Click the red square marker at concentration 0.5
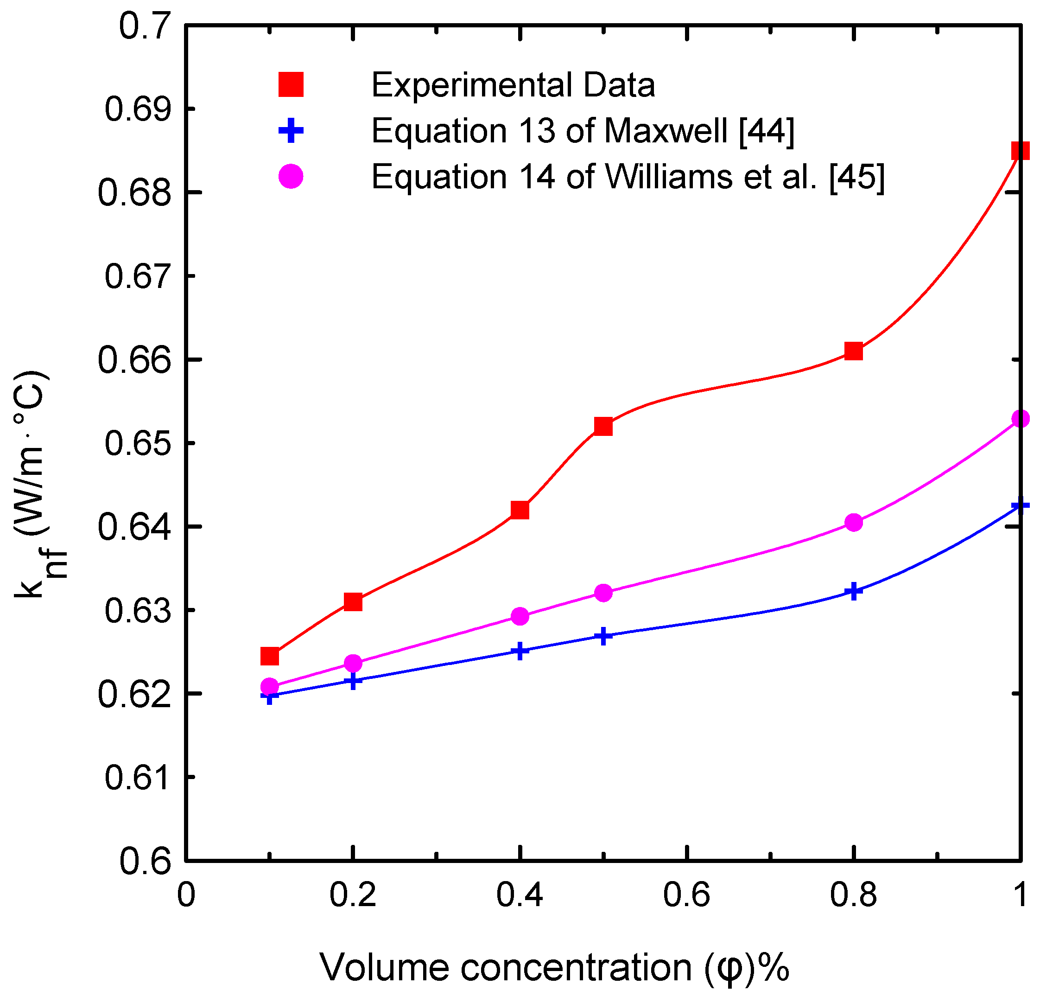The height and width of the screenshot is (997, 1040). [x=603, y=426]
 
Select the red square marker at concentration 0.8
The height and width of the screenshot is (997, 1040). [x=853, y=351]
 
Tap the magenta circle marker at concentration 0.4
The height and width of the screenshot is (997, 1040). [x=520, y=616]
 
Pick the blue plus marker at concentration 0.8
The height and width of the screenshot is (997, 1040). [x=853, y=591]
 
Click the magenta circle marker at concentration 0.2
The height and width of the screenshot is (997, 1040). [x=353, y=663]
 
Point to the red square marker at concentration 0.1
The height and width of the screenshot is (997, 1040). [x=270, y=656]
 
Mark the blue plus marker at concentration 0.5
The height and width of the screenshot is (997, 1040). [x=603, y=635]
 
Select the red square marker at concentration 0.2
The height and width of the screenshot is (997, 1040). [x=353, y=602]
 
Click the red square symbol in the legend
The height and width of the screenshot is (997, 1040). [x=291, y=85]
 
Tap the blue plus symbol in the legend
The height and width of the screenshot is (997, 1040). [x=291, y=131]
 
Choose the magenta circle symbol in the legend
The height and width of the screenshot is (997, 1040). [x=291, y=176]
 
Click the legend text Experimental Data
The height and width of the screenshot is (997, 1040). [x=513, y=85]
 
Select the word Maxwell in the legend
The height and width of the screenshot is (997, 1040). [x=666, y=131]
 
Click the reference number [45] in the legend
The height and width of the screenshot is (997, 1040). [x=856, y=176]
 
